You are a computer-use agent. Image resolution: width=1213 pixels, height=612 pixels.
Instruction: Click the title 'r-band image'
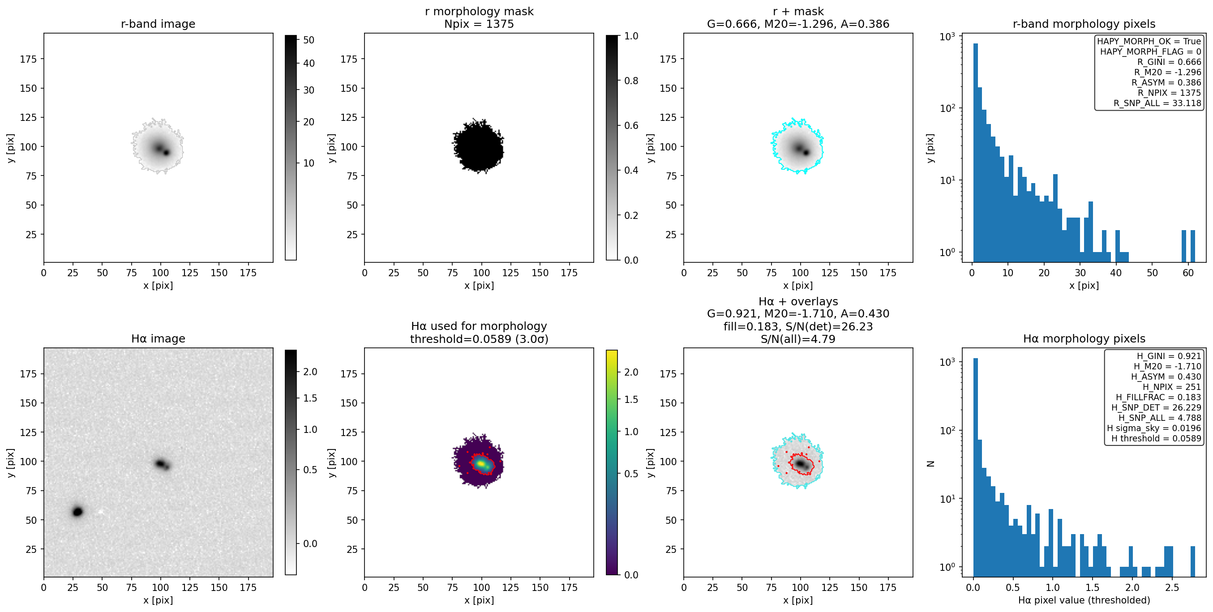pyautogui.click(x=158, y=24)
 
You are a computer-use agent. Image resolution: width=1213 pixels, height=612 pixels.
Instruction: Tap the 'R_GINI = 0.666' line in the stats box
pyautogui.click(x=1169, y=62)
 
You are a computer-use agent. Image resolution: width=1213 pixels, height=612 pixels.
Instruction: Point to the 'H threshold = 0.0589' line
pyautogui.click(x=1157, y=438)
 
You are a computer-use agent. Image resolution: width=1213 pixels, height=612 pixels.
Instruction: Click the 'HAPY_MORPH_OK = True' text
pyautogui.click(x=1149, y=42)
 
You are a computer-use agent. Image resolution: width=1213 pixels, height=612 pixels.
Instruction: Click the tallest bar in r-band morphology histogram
pyautogui.click(x=975, y=153)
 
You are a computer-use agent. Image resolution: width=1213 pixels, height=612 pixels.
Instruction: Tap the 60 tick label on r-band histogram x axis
pyautogui.click(x=1188, y=273)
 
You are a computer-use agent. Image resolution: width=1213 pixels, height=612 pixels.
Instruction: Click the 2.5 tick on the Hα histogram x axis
pyautogui.click(x=1172, y=587)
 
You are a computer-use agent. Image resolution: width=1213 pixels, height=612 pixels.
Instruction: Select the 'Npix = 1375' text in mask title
pyautogui.click(x=479, y=24)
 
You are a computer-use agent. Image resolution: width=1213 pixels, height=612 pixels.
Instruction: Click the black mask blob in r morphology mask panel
pyautogui.click(x=478, y=147)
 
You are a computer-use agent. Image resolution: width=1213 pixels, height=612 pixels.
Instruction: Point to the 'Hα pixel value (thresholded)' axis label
pyautogui.click(x=1084, y=600)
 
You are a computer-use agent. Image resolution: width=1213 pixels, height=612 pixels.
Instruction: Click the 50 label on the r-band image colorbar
pyautogui.click(x=309, y=40)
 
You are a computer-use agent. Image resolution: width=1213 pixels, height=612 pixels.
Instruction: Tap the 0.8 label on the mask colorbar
pyautogui.click(x=631, y=81)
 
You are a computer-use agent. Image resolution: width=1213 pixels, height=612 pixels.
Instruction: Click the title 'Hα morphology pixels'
pyautogui.click(x=1084, y=338)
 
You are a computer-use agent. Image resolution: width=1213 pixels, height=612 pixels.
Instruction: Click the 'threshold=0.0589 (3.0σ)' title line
pyautogui.click(x=479, y=339)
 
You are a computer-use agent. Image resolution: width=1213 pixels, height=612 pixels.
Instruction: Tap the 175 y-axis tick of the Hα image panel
pyautogui.click(x=28, y=374)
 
